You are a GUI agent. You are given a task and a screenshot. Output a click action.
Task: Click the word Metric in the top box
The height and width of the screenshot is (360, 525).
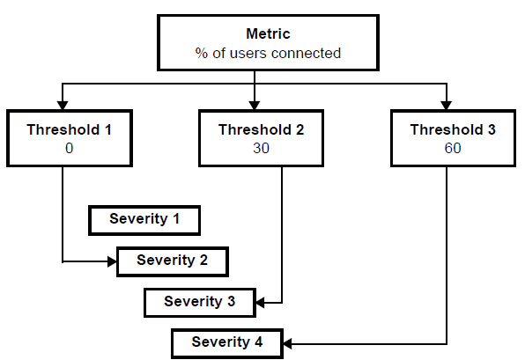[x=268, y=33]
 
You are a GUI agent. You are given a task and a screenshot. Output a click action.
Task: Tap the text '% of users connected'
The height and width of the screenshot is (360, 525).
[x=268, y=53]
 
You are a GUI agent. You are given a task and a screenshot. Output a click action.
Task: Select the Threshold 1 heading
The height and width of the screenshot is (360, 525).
[x=69, y=129]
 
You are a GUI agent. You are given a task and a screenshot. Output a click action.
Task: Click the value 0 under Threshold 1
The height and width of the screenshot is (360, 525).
[x=69, y=148]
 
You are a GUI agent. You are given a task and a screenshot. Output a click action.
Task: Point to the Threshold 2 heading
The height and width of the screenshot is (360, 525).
[x=261, y=129]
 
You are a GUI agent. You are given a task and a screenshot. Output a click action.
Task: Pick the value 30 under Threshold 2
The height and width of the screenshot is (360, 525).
[x=261, y=148]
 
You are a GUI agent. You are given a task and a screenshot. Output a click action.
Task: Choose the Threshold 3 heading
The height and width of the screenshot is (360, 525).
[x=453, y=129]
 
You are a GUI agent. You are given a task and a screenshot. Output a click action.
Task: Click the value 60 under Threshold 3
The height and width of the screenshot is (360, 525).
[x=453, y=148]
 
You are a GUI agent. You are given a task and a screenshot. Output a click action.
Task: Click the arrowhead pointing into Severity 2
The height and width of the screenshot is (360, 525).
[x=112, y=261]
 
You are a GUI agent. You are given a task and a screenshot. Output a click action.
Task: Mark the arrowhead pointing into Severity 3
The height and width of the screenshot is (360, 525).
[x=260, y=303]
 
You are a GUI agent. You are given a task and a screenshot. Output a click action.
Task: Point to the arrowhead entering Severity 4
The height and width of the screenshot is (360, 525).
[x=288, y=343]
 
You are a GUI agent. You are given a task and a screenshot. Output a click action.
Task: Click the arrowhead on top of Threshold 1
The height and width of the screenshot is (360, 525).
[x=63, y=106]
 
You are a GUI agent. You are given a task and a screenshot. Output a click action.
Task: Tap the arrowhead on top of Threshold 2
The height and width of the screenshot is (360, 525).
[x=255, y=106]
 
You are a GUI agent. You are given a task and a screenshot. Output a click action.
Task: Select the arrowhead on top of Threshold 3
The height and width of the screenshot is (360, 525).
[x=447, y=106]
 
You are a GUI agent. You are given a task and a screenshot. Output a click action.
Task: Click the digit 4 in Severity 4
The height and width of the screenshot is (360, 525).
[x=258, y=342]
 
